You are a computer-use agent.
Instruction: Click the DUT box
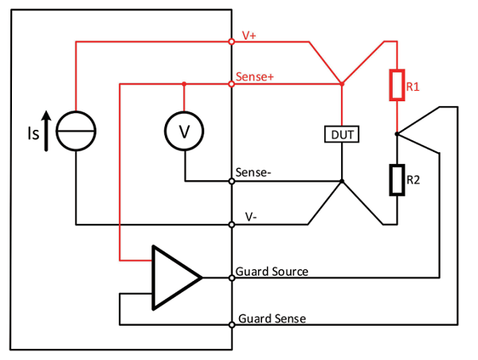point(341,135)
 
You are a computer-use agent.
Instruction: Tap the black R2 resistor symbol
point(396,180)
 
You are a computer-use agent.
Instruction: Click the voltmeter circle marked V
point(184,131)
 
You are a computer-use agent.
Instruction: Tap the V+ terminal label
point(249,35)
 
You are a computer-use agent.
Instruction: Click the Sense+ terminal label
point(256,77)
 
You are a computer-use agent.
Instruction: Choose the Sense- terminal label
point(254,173)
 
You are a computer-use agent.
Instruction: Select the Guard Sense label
point(272,319)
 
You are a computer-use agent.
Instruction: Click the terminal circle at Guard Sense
point(231,324)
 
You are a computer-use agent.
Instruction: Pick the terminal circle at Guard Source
point(231,277)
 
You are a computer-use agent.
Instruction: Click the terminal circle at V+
point(231,40)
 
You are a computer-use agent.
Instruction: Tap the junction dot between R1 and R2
point(396,135)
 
